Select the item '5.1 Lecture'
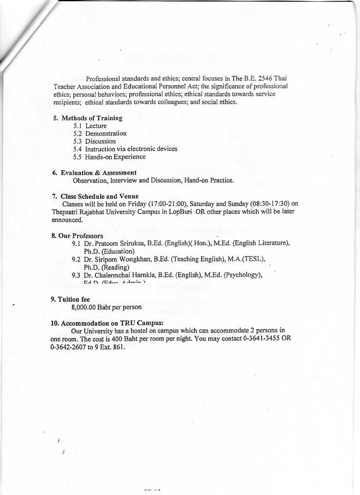(90, 126)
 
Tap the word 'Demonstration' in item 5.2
(106, 134)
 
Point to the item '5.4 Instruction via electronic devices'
(125, 149)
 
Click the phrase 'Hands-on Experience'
(115, 157)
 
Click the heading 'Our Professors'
(81, 236)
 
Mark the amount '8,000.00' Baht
(84, 307)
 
